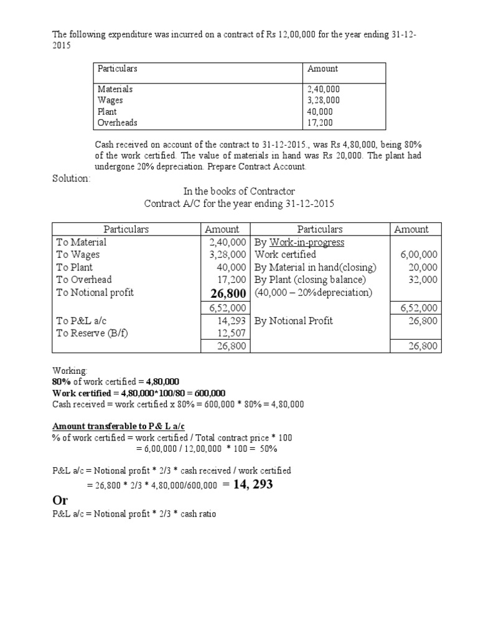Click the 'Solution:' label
[x=71, y=179]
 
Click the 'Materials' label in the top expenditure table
[x=115, y=89]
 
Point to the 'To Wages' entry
[x=78, y=255]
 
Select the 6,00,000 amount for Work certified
[x=420, y=255]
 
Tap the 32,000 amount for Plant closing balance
[x=423, y=280]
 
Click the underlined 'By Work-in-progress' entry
[x=299, y=242]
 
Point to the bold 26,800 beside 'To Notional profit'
[x=226, y=293]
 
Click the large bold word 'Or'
[x=60, y=501]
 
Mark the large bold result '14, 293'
[x=253, y=484]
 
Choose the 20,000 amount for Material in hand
[x=423, y=267]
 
